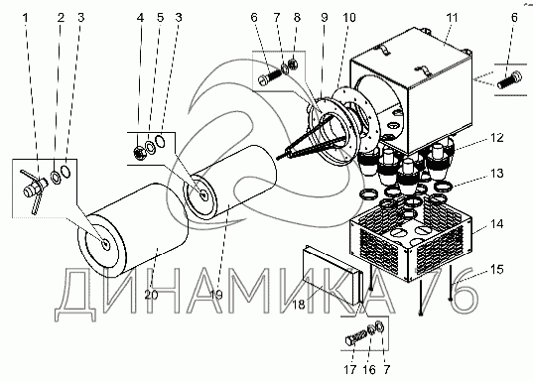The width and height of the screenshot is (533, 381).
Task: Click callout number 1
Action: click(x=25, y=17)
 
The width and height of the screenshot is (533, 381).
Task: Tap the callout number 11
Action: click(x=452, y=17)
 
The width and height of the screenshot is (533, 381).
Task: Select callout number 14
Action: click(x=496, y=224)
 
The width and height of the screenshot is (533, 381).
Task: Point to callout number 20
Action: click(x=151, y=295)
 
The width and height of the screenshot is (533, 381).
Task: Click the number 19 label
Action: click(x=216, y=295)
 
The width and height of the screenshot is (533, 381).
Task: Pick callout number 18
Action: click(x=299, y=305)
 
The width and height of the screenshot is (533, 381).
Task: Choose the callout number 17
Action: click(x=349, y=369)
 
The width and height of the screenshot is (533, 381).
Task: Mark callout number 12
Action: click(x=496, y=138)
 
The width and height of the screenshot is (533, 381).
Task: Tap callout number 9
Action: click(x=325, y=17)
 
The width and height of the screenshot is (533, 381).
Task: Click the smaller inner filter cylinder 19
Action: click(x=230, y=183)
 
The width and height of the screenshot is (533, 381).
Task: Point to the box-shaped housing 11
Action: click(x=412, y=91)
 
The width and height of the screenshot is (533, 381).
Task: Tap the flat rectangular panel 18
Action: click(x=331, y=275)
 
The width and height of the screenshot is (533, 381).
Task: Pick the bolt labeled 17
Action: click(x=355, y=337)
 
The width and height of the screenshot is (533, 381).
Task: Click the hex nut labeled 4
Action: click(x=140, y=153)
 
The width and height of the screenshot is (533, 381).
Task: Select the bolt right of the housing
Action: click(x=509, y=79)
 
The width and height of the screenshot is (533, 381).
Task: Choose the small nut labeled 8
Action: click(x=292, y=63)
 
